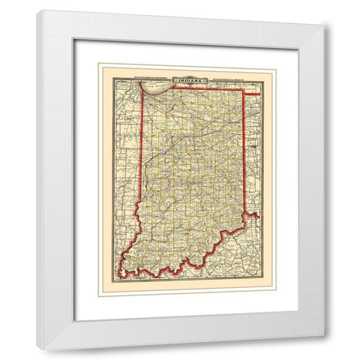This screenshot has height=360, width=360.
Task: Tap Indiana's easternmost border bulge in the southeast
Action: [x=258, y=216]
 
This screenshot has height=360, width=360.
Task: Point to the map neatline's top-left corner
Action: [x=110, y=70]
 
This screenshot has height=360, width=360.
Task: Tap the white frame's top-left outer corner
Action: [x=38, y=10]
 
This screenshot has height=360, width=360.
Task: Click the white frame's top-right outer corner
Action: [x=324, y=25]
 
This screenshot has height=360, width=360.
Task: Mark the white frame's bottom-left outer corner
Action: [x=38, y=349]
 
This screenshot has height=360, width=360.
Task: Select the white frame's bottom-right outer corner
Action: [x=324, y=335]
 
